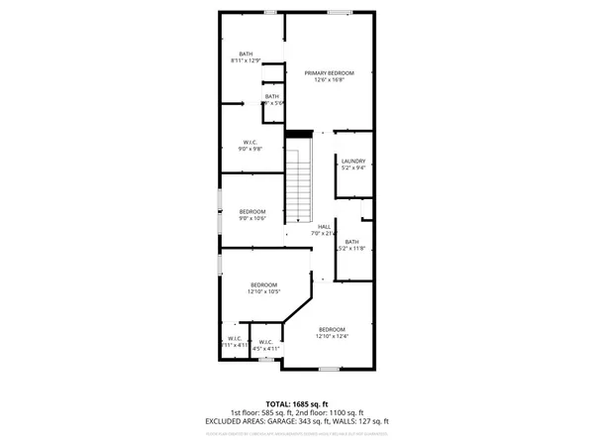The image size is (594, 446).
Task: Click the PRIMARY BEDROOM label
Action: pyautogui.click(x=330, y=72)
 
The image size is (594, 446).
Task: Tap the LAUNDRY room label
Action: pyautogui.click(x=353, y=161)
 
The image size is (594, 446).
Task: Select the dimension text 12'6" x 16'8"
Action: pyautogui.click(x=330, y=80)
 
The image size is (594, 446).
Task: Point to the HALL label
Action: pyautogui.click(x=324, y=227)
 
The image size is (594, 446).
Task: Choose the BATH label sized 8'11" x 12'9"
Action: pyautogui.click(x=246, y=54)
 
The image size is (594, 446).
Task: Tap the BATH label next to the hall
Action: pyautogui.click(x=351, y=242)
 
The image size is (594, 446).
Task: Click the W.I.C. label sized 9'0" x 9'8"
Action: pyautogui.click(x=251, y=142)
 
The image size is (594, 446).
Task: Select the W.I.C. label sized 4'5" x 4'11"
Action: pyautogui.click(x=266, y=342)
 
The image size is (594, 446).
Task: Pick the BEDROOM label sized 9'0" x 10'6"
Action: pyautogui.click(x=252, y=211)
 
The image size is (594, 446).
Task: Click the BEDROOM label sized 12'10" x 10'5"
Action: pyautogui.click(x=263, y=284)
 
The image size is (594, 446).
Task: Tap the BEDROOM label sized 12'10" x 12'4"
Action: pyautogui.click(x=332, y=329)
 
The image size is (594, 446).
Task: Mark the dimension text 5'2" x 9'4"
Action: pyautogui.click(x=353, y=168)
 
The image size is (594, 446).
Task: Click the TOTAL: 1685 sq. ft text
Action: pyautogui.click(x=296, y=402)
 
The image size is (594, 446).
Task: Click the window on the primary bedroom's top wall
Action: pyautogui.click(x=339, y=12)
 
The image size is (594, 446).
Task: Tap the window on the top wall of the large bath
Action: pyautogui.click(x=270, y=12)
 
